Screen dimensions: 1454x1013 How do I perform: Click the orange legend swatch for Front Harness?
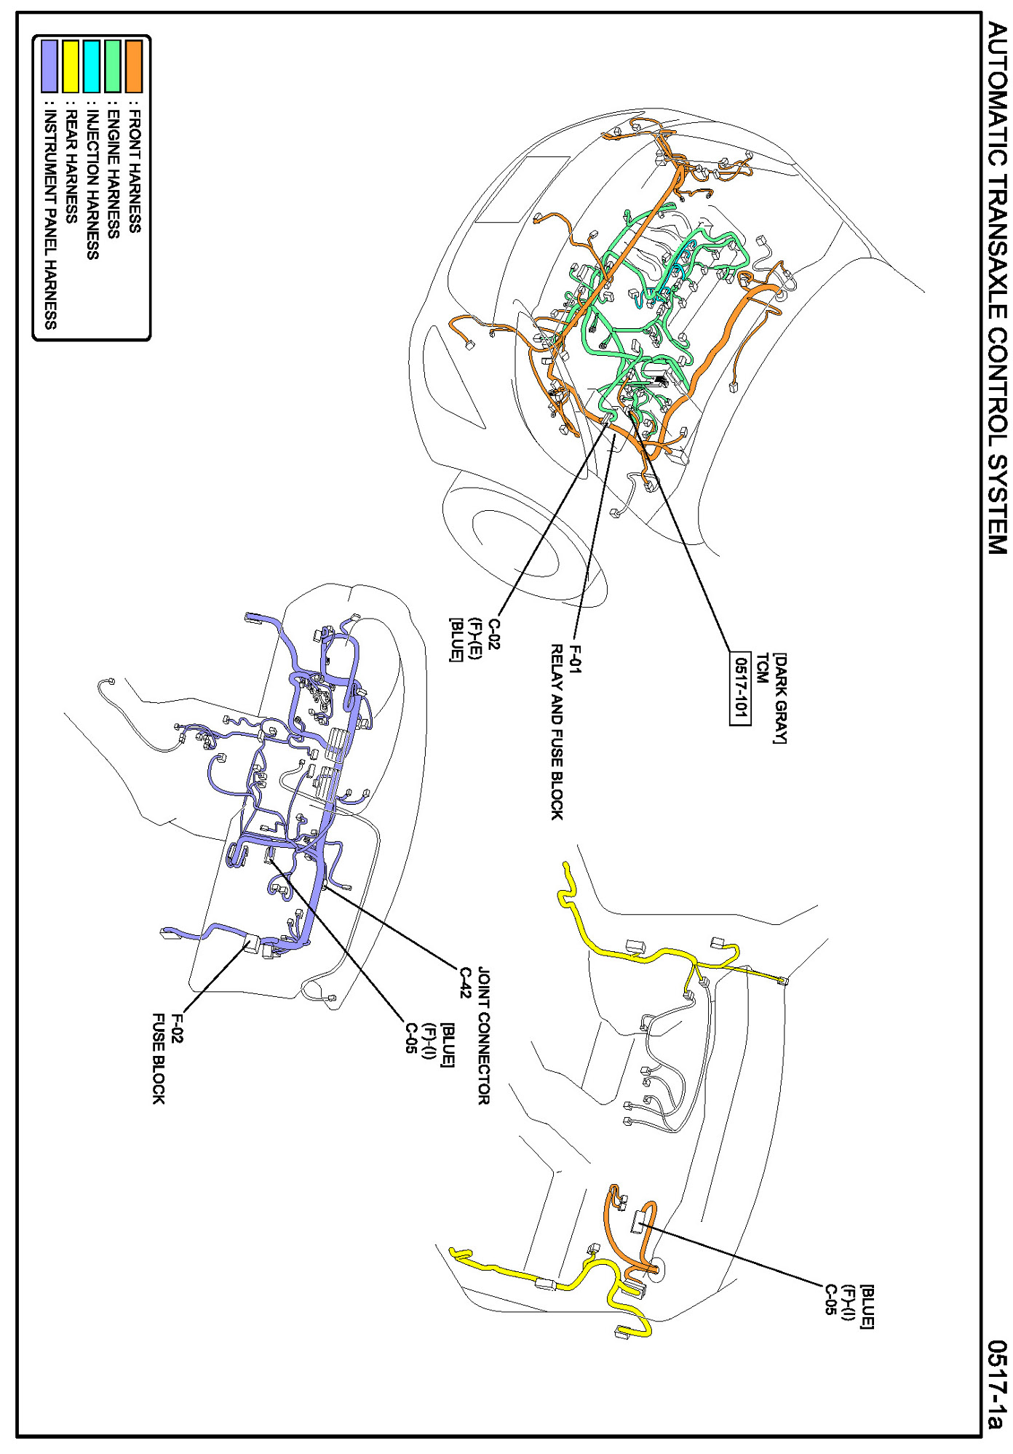(134, 66)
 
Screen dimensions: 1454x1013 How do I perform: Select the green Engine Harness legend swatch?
(113, 66)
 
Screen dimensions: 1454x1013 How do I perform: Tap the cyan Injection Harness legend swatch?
(92, 66)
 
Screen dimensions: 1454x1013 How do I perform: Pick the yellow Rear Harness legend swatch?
(71, 66)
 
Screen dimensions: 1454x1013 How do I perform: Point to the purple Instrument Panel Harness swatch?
(49, 66)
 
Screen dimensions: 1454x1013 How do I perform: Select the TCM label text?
(761, 668)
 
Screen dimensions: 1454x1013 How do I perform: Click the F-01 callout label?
(576, 659)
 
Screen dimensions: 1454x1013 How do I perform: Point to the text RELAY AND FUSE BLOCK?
(557, 732)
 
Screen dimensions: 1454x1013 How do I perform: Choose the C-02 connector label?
(494, 634)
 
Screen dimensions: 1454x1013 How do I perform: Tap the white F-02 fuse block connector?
(251, 944)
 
